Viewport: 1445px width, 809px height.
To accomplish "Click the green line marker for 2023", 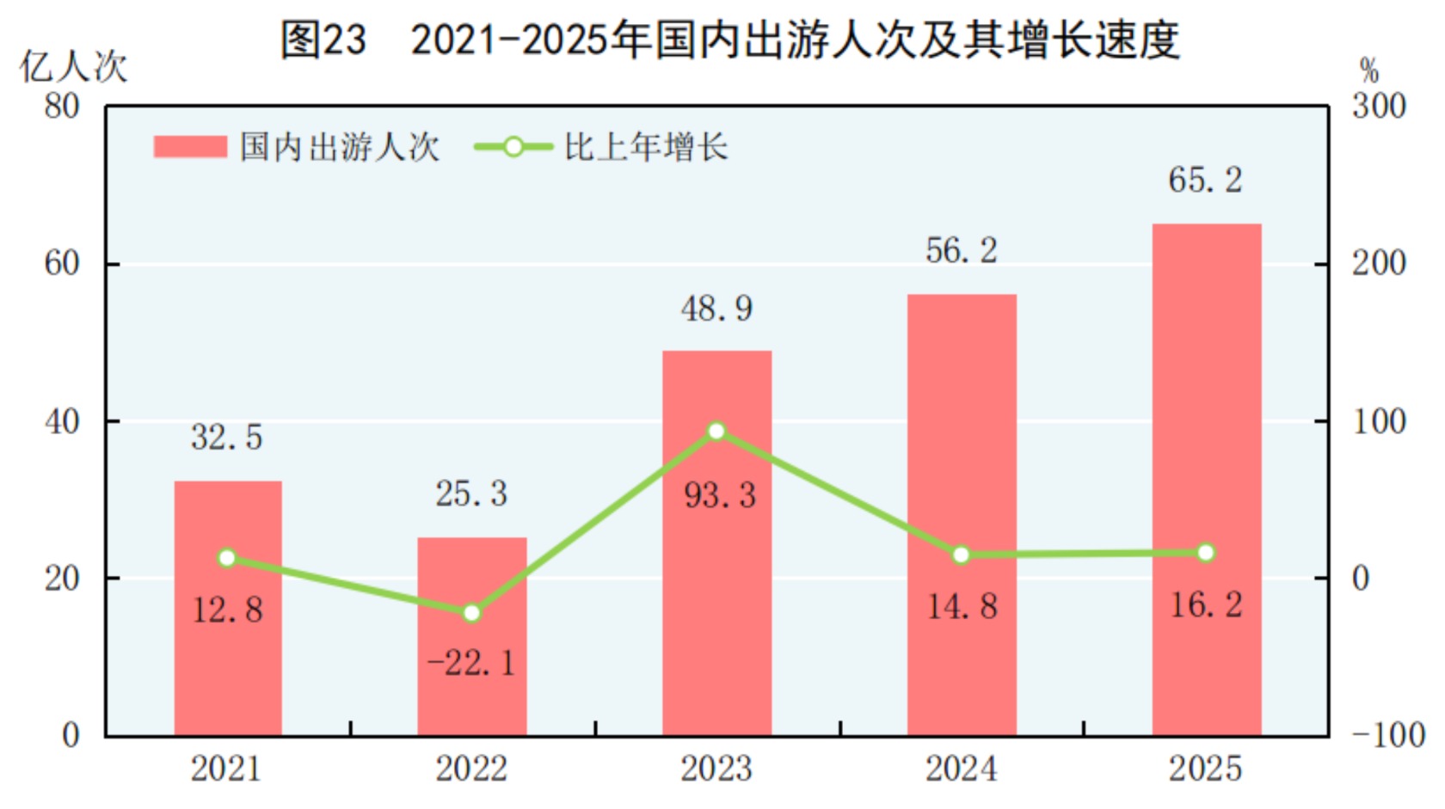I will pyautogui.click(x=716, y=431).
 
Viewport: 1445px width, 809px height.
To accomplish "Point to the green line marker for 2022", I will pyautogui.click(x=471, y=613).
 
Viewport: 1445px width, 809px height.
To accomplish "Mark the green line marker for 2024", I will pyautogui.click(x=962, y=555).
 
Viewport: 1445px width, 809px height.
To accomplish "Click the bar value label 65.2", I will pyautogui.click(x=1205, y=181).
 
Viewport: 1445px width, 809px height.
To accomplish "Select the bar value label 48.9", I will pyautogui.click(x=716, y=309).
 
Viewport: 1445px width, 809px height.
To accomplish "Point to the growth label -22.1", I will pyautogui.click(x=471, y=663).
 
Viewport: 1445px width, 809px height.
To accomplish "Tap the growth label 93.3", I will pyautogui.click(x=720, y=495).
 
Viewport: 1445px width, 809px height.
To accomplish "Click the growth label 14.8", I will pyautogui.click(x=962, y=607).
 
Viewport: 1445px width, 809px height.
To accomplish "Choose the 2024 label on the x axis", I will pyautogui.click(x=962, y=769).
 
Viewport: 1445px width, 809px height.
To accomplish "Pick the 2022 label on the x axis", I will pyautogui.click(x=471, y=769).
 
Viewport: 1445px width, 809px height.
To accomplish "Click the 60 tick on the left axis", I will pyautogui.click(x=62, y=264).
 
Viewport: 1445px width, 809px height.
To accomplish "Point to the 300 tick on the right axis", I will pyautogui.click(x=1379, y=107).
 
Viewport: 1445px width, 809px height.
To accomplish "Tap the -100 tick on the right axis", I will pyautogui.click(x=1387, y=736).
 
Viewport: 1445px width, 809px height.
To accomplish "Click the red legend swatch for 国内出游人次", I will pyautogui.click(x=190, y=147).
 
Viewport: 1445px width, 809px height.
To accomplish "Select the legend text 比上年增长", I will pyautogui.click(x=646, y=147).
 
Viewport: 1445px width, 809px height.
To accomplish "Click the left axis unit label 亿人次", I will pyautogui.click(x=74, y=67).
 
